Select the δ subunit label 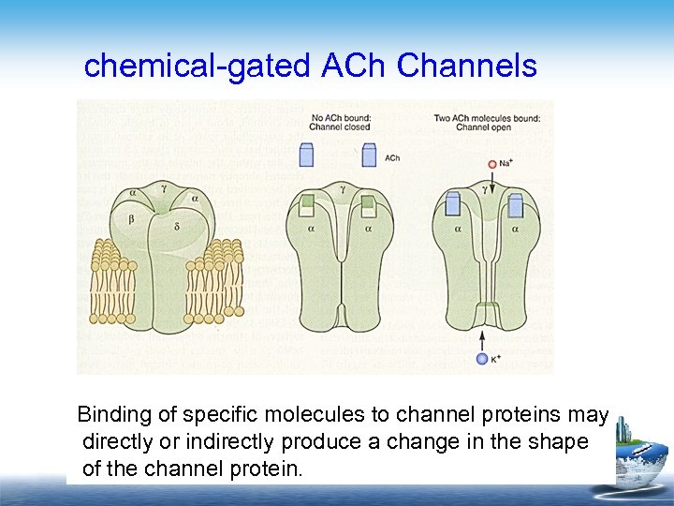(177, 227)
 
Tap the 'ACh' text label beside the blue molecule (393, 158)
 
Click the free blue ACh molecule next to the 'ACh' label (369, 155)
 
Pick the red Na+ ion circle (491, 166)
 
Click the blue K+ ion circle (482, 358)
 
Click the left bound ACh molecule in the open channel (453, 203)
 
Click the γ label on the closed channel (343, 188)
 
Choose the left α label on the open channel (459, 228)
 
